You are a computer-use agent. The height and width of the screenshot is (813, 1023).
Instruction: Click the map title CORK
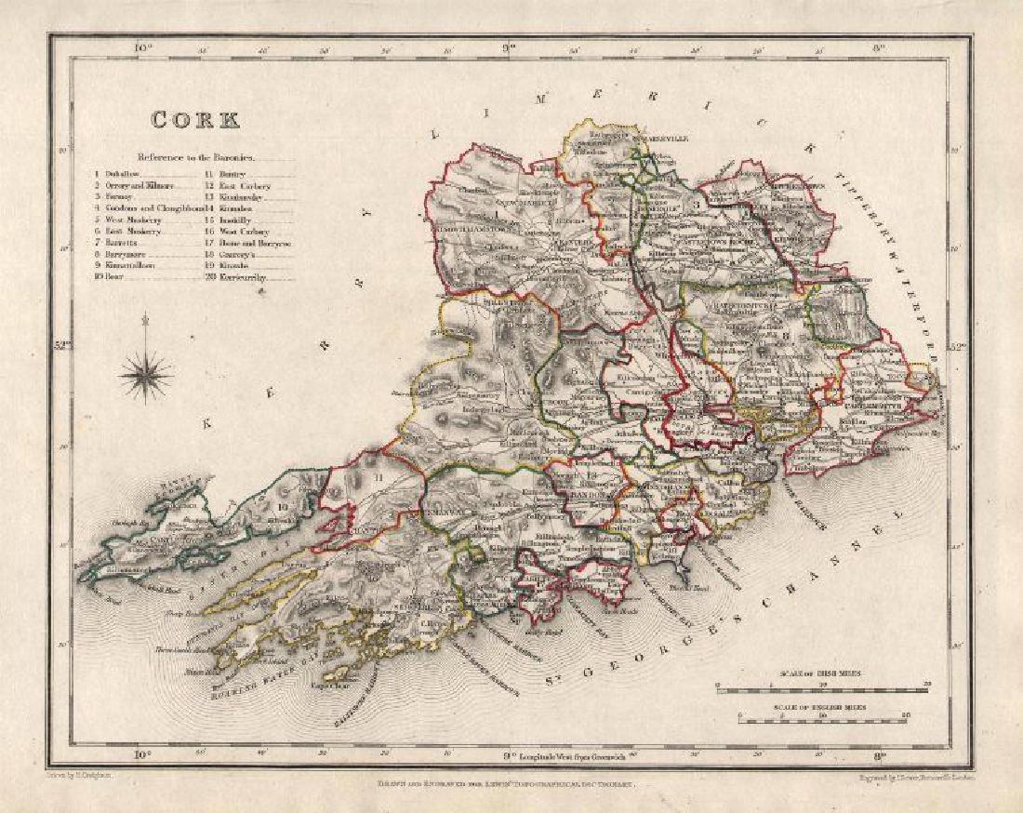pyautogui.click(x=195, y=120)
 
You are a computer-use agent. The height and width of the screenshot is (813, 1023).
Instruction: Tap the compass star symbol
pyautogui.click(x=146, y=375)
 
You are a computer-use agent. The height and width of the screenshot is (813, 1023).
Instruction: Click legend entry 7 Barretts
pyautogui.click(x=119, y=243)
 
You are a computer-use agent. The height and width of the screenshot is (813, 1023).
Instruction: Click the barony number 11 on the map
pyautogui.click(x=378, y=478)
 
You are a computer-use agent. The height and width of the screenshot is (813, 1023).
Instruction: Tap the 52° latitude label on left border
pyautogui.click(x=63, y=348)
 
